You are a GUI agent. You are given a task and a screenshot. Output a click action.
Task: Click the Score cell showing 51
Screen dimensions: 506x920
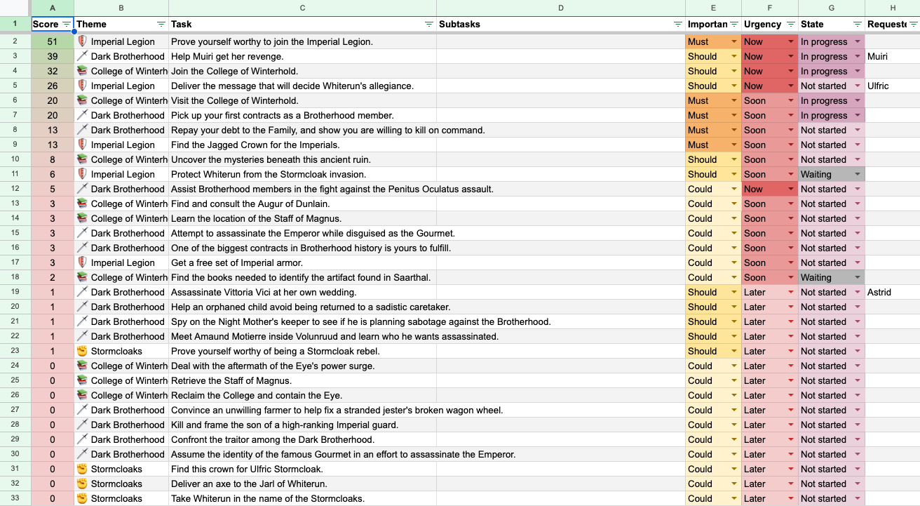pos(53,41)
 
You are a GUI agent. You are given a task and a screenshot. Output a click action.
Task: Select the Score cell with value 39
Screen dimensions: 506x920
pos(53,56)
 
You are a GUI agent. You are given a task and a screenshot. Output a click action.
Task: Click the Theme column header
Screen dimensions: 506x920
pos(92,24)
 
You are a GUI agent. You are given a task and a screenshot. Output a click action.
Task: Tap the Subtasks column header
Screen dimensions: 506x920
pos(460,24)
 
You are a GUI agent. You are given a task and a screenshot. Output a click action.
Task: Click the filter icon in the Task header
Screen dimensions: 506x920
pos(428,25)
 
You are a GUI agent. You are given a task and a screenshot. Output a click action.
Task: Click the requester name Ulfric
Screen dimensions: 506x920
pos(878,86)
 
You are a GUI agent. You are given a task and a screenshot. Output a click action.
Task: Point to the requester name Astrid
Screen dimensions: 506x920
pos(879,292)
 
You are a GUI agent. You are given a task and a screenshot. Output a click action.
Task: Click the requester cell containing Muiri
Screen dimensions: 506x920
pos(879,56)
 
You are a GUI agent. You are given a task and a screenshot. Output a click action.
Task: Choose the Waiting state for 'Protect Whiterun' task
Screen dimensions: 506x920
pos(831,174)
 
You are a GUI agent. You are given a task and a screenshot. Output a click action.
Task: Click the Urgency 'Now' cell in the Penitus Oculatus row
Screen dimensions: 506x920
pos(769,189)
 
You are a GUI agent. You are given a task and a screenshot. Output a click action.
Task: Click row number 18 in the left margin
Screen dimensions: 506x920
pos(15,277)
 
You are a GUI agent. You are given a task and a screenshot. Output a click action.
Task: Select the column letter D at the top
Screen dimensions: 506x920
pos(560,8)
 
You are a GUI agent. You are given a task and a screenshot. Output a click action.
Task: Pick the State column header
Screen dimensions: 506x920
pos(813,24)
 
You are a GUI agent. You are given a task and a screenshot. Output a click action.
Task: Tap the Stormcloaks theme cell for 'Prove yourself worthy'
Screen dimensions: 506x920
pos(116,351)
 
